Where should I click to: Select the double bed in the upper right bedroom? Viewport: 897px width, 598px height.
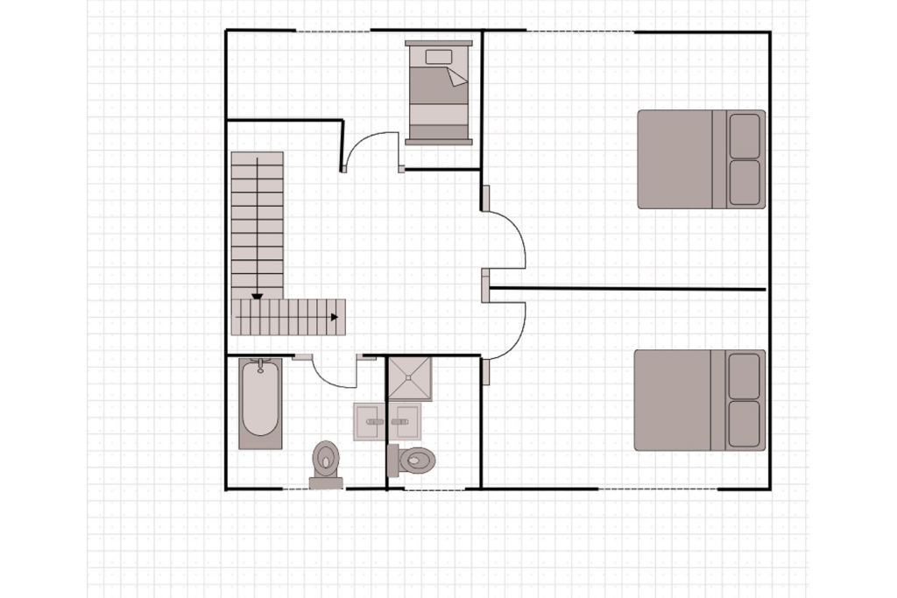(x=692, y=159)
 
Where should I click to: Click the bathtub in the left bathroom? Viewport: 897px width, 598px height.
(x=260, y=403)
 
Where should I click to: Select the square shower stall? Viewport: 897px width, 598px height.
(x=411, y=378)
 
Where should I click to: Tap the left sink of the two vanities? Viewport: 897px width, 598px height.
(x=369, y=421)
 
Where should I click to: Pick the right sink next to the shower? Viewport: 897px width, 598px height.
(x=404, y=421)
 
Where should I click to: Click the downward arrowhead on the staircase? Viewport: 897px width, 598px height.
(x=257, y=298)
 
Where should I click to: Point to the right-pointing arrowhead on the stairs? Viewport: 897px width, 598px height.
(x=334, y=318)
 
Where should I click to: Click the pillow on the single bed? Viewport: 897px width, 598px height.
(x=438, y=57)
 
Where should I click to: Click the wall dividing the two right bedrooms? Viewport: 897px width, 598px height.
(x=627, y=288)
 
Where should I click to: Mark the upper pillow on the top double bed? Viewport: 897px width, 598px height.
(x=745, y=136)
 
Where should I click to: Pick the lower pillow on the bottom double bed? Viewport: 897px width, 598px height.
(x=745, y=425)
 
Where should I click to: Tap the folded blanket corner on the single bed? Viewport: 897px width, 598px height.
(x=457, y=78)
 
